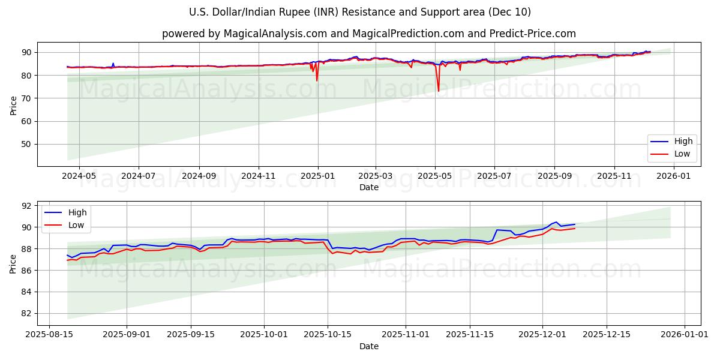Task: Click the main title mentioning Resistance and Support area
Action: pos(359,12)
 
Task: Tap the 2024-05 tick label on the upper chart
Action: pos(79,176)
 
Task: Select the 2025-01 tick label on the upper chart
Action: pos(317,176)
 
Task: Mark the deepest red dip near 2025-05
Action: pos(438,91)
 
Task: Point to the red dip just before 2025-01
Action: pos(317,80)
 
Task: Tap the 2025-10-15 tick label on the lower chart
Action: pos(328,335)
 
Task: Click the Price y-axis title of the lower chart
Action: pos(13,263)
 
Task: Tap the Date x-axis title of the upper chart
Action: pos(368,187)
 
